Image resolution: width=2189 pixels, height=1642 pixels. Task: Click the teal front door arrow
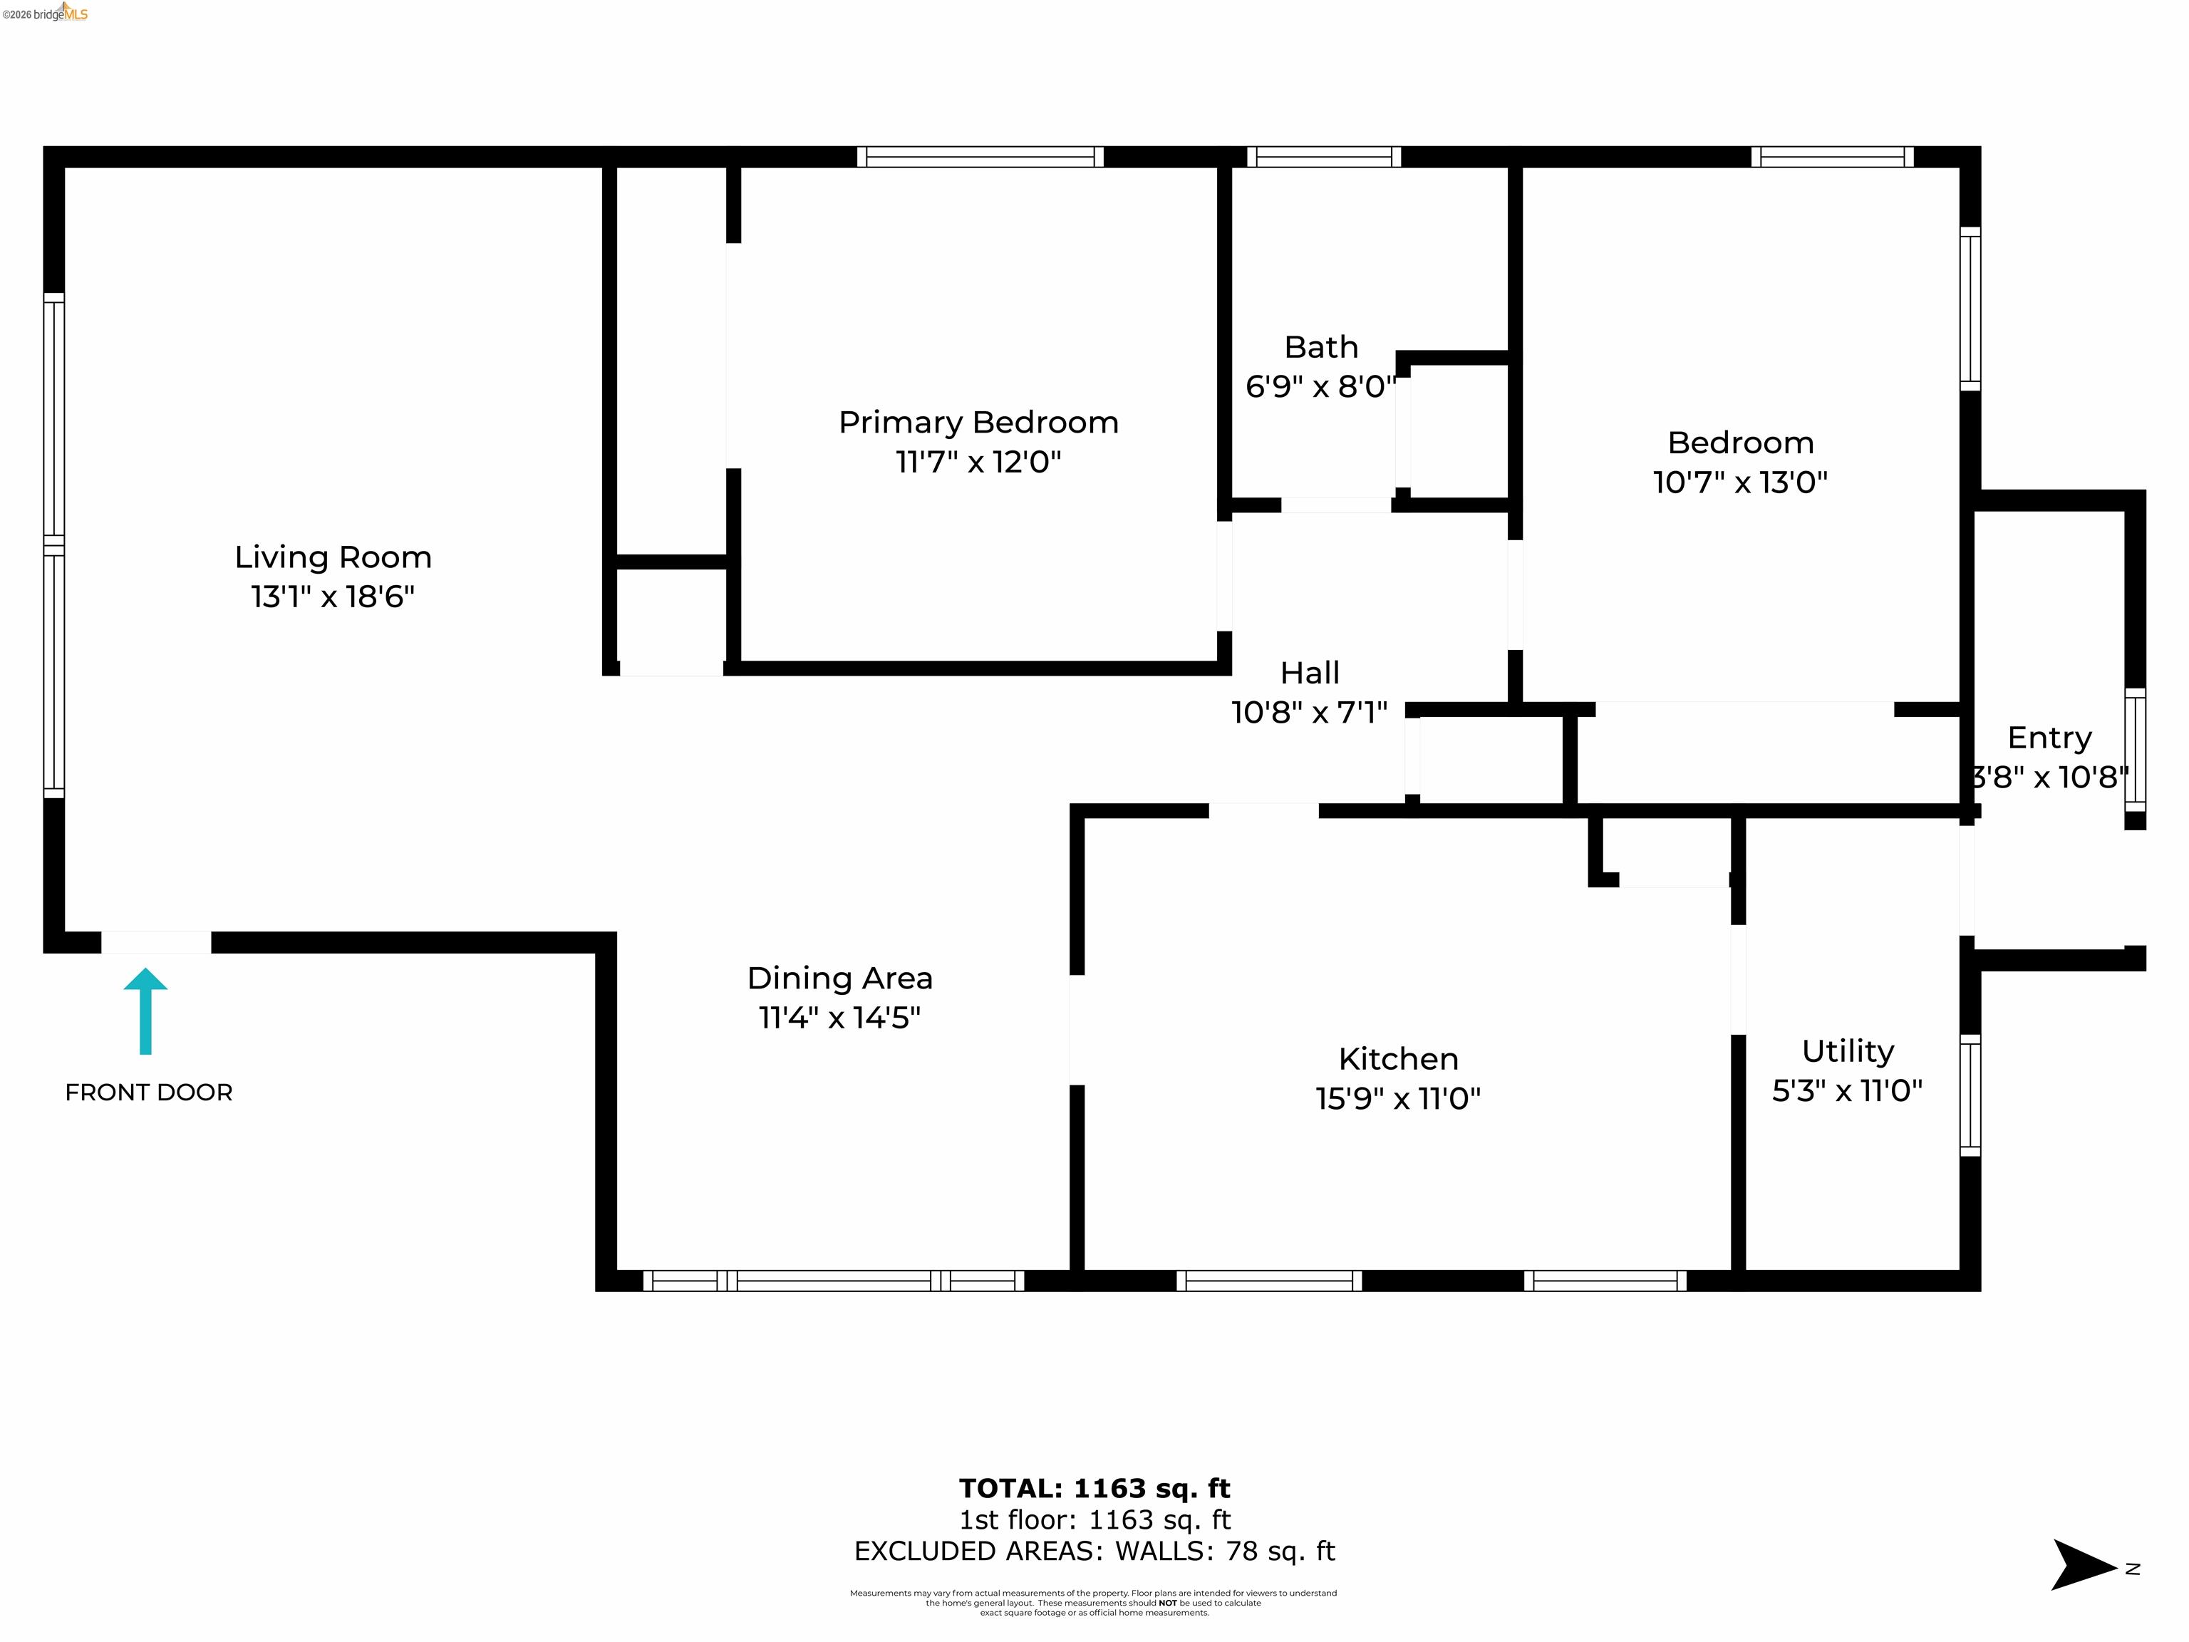coord(145,1010)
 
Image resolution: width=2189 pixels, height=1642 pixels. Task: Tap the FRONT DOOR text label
coord(148,1093)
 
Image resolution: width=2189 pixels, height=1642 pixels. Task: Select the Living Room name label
coord(333,557)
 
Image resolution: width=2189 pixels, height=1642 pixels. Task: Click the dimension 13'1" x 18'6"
coord(333,597)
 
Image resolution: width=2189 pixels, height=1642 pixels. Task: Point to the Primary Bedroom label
coord(978,423)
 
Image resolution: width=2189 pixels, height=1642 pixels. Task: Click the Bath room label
coord(1320,347)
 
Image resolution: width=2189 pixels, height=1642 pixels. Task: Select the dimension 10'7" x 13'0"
coord(1739,482)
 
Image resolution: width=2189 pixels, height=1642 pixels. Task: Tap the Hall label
coord(1309,673)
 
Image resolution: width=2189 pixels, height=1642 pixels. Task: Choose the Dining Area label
coord(839,978)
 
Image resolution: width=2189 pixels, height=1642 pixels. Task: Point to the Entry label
coord(2049,738)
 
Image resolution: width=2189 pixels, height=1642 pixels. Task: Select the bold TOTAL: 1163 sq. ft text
coord(1094,1489)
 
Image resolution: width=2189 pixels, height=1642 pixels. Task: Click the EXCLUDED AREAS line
coord(1094,1551)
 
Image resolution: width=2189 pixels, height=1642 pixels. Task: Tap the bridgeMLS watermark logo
coord(46,14)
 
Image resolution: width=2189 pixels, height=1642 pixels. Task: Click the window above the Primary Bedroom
coord(980,156)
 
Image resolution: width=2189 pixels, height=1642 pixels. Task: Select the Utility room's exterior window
coord(1970,1095)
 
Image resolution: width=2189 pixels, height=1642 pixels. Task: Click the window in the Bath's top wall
coord(1323,156)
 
